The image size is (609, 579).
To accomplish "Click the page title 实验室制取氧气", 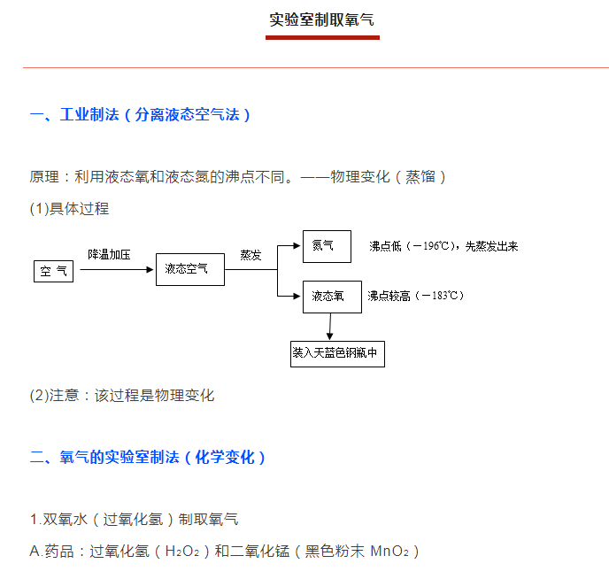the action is pos(322,19).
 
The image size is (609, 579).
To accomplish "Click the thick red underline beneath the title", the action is pos(322,38).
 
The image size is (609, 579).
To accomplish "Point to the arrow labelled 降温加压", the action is pos(117,269).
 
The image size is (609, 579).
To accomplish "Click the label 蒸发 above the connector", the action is pos(251,255).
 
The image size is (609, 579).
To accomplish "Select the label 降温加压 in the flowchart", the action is pos(109,255).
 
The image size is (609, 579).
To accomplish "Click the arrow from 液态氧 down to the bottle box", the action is pos(330,327).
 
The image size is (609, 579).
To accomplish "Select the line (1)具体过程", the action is pos(70,209).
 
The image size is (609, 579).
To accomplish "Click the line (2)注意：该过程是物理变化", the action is pos(122,396).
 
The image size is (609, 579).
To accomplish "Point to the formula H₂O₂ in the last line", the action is pos(182,552).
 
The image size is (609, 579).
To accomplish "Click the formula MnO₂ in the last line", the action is pos(389,552).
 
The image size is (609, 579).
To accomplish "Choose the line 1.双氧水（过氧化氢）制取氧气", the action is pos(135,520).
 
